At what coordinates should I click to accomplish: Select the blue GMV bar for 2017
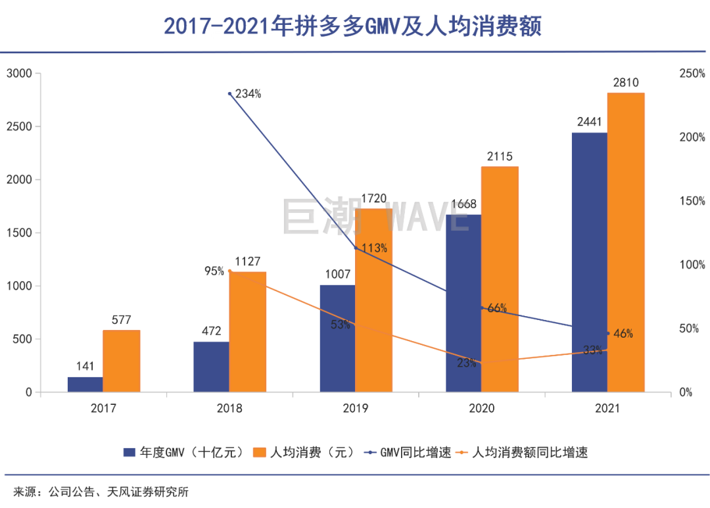click(x=85, y=385)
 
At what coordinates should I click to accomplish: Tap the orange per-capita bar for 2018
click(x=248, y=332)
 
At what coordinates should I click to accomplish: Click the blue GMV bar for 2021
click(x=590, y=263)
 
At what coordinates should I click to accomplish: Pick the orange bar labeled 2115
click(x=500, y=279)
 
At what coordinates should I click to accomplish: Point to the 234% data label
click(x=248, y=94)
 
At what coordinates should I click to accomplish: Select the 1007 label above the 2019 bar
click(x=337, y=275)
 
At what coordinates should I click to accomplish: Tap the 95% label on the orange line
click(x=214, y=271)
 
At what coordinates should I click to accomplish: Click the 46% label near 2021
click(x=623, y=334)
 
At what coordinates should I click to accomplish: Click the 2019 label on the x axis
click(x=356, y=408)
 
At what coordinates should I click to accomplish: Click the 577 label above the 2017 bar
click(x=122, y=320)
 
